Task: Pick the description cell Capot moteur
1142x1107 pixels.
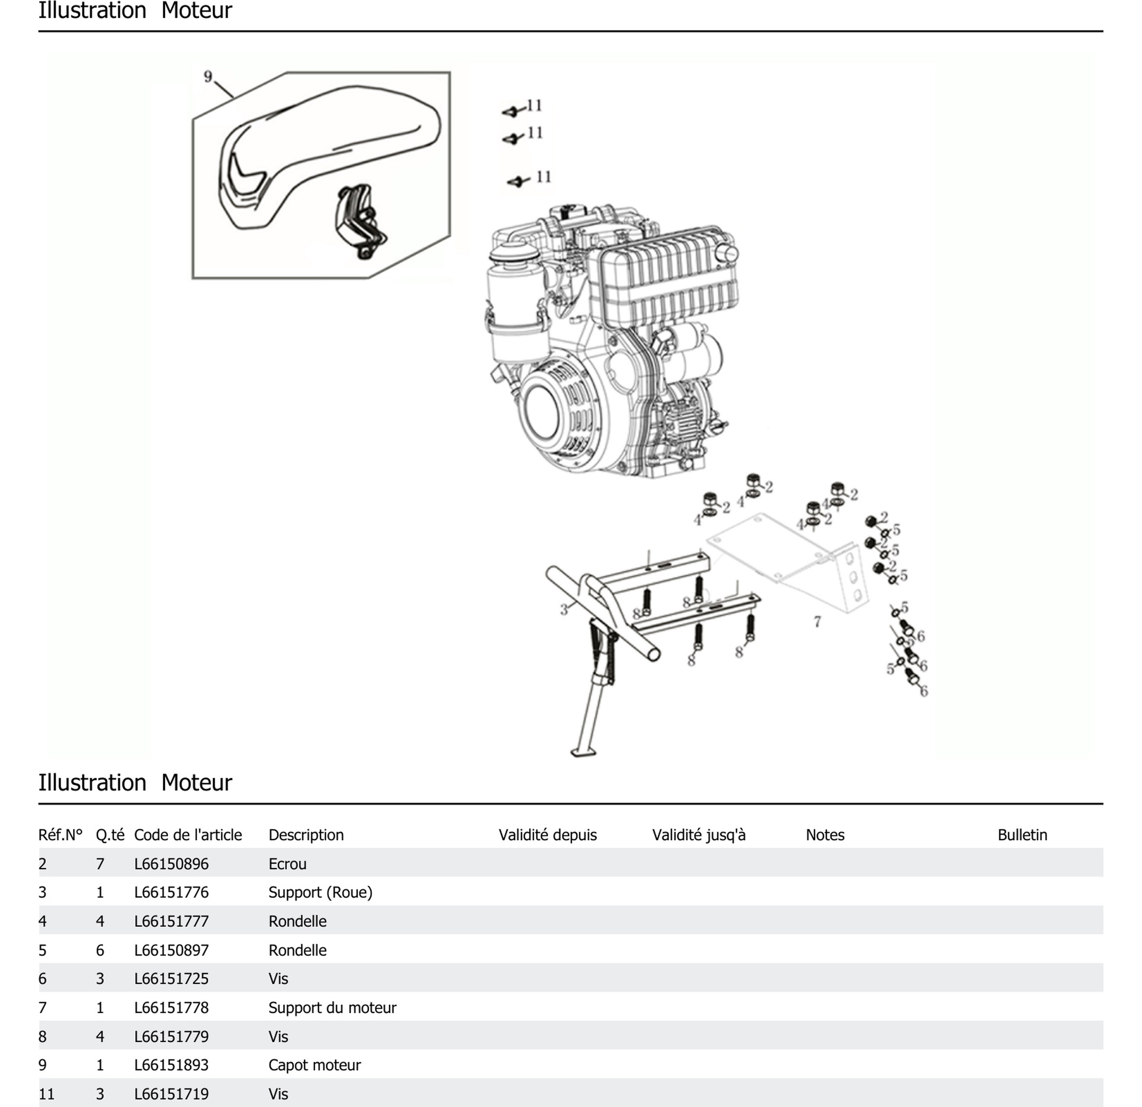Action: [315, 1065]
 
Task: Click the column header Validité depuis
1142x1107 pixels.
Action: [548, 835]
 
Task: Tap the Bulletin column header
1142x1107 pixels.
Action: [1022, 835]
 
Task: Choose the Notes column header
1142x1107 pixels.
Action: [825, 835]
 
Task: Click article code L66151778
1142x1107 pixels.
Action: [171, 1007]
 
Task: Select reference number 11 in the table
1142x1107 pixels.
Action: [47, 1094]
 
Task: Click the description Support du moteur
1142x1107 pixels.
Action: [332, 1007]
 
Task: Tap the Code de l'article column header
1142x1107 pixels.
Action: [188, 835]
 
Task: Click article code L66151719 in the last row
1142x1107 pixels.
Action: [171, 1094]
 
